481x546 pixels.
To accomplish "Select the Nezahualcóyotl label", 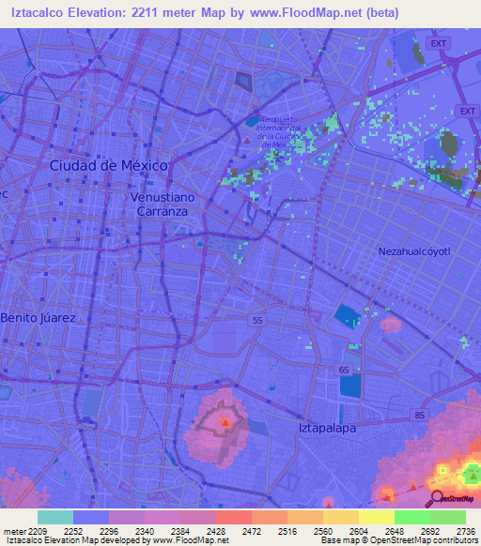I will pyautogui.click(x=414, y=251).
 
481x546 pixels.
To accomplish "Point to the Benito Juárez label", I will pyautogui.click(x=38, y=318).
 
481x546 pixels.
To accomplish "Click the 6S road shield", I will pyautogui.click(x=345, y=370).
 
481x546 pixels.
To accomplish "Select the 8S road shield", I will pyautogui.click(x=419, y=414).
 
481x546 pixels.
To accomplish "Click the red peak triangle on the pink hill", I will pyautogui.click(x=225, y=422).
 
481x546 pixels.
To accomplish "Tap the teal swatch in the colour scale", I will pyautogui.click(x=55, y=517).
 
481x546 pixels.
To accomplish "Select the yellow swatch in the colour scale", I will pyautogui.click(x=376, y=517).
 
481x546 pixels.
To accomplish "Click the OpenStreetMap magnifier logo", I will pyautogui.click(x=437, y=498).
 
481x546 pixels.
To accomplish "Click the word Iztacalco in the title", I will pyautogui.click(x=40, y=12).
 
